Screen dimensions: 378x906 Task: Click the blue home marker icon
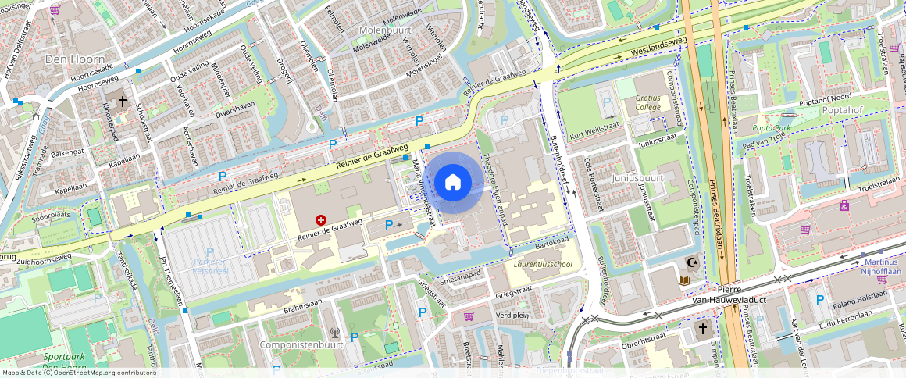click(x=452, y=183)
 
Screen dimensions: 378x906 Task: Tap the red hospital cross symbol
click(x=321, y=221)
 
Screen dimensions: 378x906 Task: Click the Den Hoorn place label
click(x=70, y=59)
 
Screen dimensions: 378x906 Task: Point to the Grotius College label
click(x=647, y=103)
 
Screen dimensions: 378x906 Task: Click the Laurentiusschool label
click(x=543, y=264)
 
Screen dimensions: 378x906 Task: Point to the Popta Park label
click(x=771, y=127)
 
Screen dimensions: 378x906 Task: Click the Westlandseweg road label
click(x=649, y=48)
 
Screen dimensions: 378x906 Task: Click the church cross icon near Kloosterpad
click(x=122, y=101)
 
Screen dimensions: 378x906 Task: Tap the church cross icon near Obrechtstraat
click(x=701, y=329)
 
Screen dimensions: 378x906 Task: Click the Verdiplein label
click(x=512, y=316)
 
